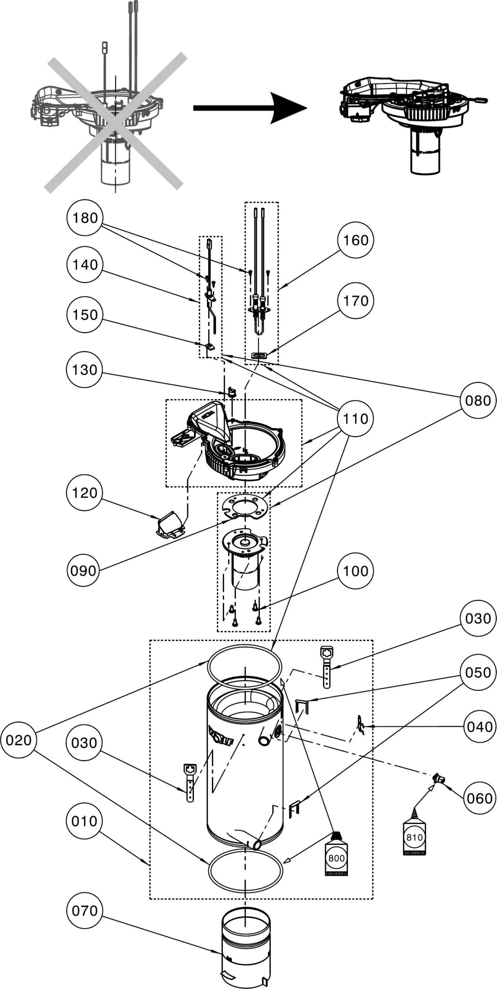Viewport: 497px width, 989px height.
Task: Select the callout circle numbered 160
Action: pos(355,240)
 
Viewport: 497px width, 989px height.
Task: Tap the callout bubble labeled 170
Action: pos(355,301)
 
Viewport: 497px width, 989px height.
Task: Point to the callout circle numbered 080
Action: pos(478,400)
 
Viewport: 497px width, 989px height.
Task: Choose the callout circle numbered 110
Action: pos(355,418)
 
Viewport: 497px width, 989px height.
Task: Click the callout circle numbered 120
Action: pos(85,493)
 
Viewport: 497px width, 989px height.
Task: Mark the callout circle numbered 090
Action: pos(83,571)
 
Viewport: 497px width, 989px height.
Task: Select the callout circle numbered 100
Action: pos(355,571)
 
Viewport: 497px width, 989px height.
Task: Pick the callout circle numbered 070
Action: pos(85,911)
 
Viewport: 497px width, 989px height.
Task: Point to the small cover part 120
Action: pos(169,524)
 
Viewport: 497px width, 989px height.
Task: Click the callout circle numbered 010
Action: pos(85,821)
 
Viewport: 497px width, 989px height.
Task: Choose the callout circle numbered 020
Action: pos(19,740)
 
